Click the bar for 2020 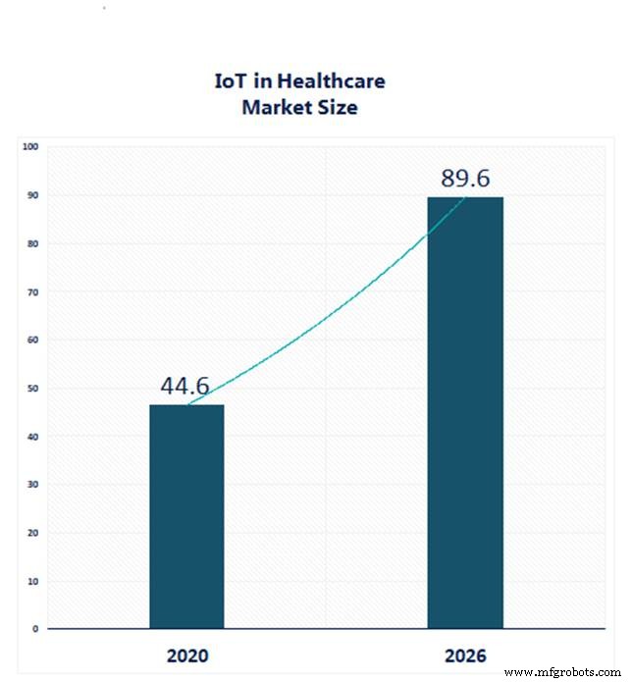point(186,516)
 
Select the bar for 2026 point(465,412)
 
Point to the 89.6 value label point(465,179)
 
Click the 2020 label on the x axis point(186,655)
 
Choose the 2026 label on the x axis point(465,655)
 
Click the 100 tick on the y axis point(29,147)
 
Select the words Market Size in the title point(299,107)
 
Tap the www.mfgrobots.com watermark point(563,672)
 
